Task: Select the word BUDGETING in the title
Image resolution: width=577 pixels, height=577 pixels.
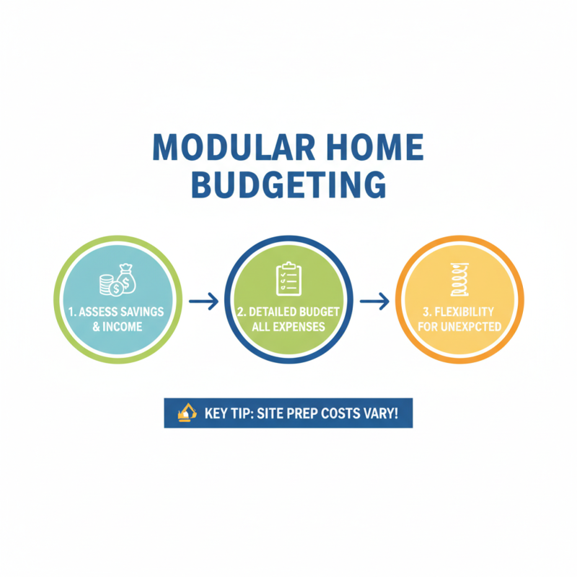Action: [288, 184]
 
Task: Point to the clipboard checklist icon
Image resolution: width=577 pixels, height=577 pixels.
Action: [288, 279]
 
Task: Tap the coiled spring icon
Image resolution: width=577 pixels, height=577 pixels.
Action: [460, 282]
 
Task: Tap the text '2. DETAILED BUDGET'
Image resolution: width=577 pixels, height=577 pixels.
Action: [288, 312]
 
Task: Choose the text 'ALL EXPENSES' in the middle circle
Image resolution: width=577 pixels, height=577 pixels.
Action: [288, 327]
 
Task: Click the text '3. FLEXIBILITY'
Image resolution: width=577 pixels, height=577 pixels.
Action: [460, 312]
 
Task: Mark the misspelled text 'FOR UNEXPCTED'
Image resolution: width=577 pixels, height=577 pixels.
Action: [460, 327]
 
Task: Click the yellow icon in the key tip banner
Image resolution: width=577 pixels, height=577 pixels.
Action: [187, 412]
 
